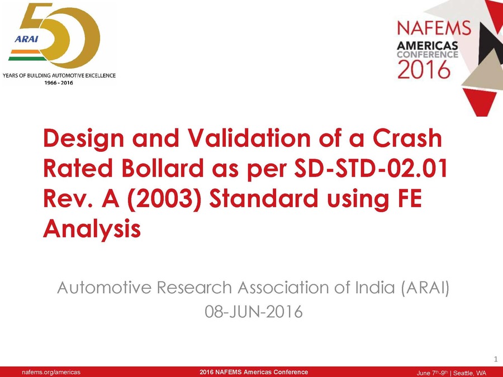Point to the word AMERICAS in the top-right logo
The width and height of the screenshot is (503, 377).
[428, 45]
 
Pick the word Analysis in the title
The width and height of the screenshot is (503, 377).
[91, 229]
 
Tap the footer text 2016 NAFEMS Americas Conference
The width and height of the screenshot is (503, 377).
[254, 372]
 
